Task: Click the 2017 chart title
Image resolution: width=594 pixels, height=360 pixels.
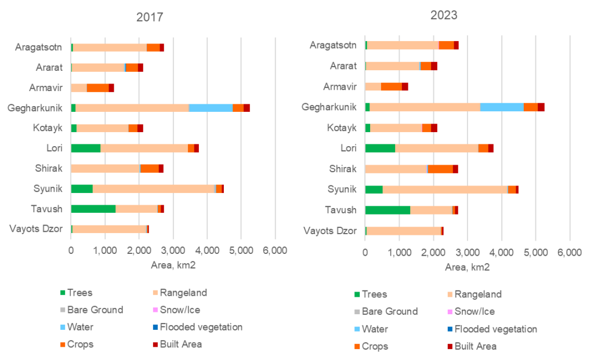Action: [x=150, y=17]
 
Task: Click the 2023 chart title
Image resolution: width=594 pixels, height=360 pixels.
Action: [x=444, y=15]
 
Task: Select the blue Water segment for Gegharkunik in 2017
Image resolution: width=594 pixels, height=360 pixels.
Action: [x=211, y=108]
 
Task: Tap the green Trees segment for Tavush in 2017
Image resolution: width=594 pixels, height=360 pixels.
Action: [x=93, y=209]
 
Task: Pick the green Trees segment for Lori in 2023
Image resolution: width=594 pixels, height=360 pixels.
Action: [x=380, y=148]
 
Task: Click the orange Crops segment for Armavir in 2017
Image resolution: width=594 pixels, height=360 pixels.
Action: [x=97, y=88]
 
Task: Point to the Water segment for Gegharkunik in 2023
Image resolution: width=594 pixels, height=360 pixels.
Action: [x=502, y=107]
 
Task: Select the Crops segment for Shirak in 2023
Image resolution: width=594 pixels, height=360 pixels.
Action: [x=440, y=169]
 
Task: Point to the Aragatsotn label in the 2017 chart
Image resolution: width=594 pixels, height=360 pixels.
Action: [x=39, y=47]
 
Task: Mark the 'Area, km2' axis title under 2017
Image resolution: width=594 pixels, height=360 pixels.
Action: [x=172, y=265]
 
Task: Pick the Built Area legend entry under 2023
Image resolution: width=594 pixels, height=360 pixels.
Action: [x=475, y=346]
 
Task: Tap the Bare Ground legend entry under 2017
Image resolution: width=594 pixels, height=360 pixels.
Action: [x=95, y=310]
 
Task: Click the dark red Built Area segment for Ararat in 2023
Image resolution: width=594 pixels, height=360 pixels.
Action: [x=434, y=66]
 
